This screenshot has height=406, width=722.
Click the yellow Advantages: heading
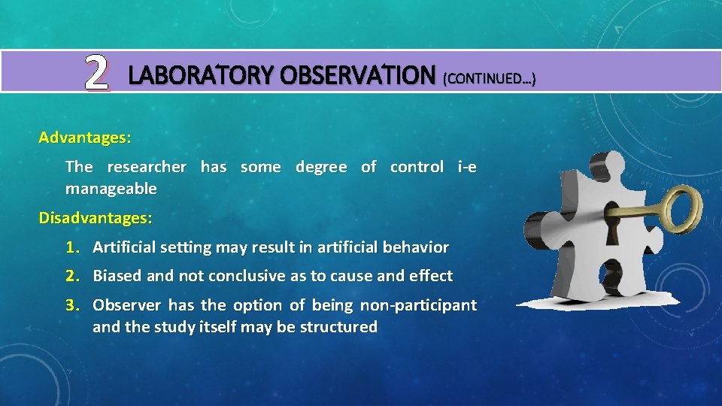[85, 138]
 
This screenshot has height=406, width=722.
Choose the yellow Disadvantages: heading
[96, 218]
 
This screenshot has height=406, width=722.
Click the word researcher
[147, 167]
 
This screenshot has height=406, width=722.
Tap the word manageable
[111, 188]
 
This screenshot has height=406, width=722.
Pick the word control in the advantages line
[417, 167]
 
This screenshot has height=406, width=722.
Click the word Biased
[117, 276]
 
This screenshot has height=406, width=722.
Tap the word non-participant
[418, 305]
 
